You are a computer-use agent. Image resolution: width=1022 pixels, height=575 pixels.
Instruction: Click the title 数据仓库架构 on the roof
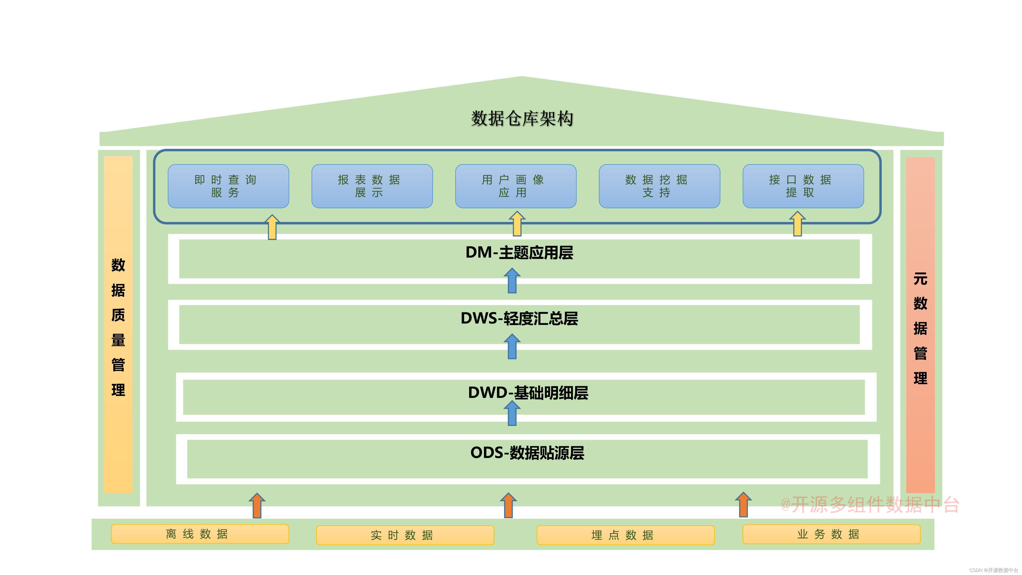pyautogui.click(x=522, y=118)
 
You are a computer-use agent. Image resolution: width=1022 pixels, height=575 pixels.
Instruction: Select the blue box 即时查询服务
pyautogui.click(x=228, y=186)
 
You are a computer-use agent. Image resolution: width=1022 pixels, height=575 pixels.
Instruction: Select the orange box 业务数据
pyautogui.click(x=831, y=534)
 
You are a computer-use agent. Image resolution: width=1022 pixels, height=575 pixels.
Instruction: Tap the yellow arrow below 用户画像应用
pyautogui.click(x=517, y=224)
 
